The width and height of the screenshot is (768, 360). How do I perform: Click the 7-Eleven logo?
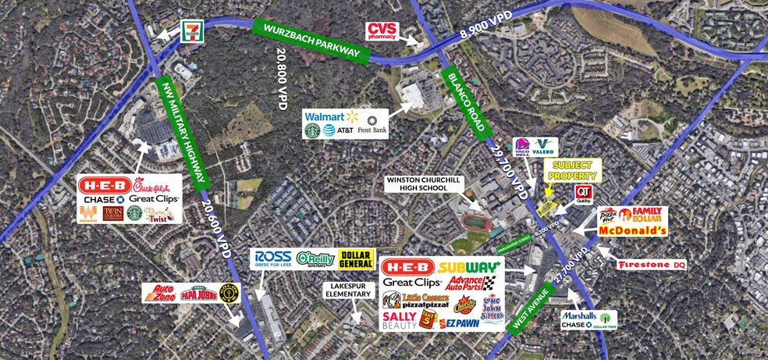click(x=191, y=30)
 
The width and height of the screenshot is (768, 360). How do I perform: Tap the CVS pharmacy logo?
click(x=383, y=31)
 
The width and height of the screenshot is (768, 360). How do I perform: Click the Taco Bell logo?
click(x=522, y=148)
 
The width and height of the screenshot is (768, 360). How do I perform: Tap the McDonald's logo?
click(x=633, y=231)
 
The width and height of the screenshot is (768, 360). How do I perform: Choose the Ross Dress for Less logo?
click(x=272, y=258)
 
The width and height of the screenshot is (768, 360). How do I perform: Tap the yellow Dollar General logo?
click(x=355, y=259)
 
